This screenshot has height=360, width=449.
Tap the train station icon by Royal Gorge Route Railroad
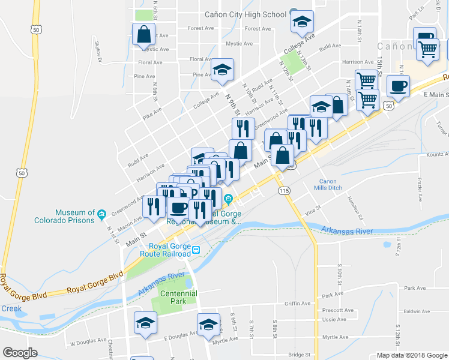coord(196,249)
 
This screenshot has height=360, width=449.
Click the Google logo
coord(20,353)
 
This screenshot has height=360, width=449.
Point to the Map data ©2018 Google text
coord(411,355)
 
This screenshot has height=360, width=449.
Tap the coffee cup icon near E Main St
coord(398,86)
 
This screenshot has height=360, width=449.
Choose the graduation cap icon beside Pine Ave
coord(222,70)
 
